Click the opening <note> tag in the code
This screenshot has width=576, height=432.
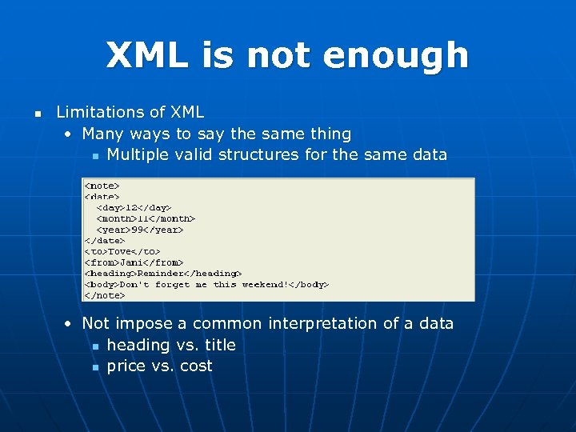[102, 186]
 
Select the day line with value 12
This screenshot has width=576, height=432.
[134, 207]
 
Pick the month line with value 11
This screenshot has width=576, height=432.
[146, 218]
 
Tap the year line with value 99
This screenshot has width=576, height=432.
[140, 230]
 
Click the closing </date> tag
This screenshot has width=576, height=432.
[105, 240]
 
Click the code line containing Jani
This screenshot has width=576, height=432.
[134, 262]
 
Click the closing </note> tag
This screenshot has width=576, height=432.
[105, 295]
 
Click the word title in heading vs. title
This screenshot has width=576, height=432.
[220, 345]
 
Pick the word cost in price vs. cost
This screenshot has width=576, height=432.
[196, 366]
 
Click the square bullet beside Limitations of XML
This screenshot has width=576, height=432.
[37, 113]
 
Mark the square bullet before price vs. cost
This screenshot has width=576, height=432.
[94, 367]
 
